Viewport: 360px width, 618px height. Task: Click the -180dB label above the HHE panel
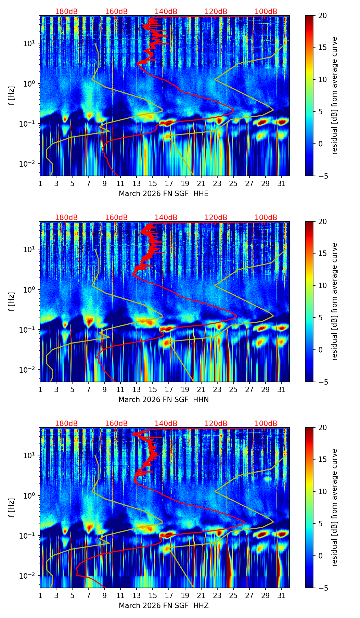tap(65, 12)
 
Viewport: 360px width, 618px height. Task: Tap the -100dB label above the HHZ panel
tap(265, 424)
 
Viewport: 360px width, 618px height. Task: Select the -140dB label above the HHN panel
tap(165, 218)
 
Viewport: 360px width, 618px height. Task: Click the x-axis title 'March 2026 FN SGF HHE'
tap(164, 194)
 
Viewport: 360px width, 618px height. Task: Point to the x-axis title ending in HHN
tap(164, 400)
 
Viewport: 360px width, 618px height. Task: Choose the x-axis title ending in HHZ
tap(164, 606)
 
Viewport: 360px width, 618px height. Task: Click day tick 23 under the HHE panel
tap(217, 183)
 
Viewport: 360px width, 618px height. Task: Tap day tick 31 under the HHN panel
tap(281, 389)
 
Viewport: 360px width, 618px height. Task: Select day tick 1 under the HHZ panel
tap(40, 595)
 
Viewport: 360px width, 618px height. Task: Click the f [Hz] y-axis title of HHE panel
tap(12, 95)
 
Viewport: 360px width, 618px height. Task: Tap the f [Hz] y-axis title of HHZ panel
tap(12, 507)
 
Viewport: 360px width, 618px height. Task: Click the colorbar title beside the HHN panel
tap(334, 301)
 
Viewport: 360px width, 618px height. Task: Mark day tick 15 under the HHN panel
tap(153, 389)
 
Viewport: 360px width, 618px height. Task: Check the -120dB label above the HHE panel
tap(215, 12)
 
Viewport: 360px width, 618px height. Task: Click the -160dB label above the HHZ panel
tap(115, 424)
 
